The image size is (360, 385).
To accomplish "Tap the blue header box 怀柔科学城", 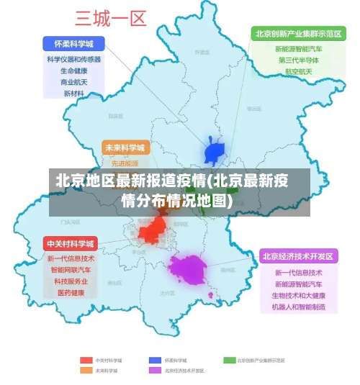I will (x=73, y=42).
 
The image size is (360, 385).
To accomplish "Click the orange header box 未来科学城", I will (x=125, y=148).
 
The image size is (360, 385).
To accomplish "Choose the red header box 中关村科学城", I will (x=71, y=243).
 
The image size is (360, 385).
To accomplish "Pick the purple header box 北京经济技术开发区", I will (x=298, y=256).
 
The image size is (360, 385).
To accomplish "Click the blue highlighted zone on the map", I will (x=215, y=152).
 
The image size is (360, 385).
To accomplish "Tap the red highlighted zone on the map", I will (x=153, y=231).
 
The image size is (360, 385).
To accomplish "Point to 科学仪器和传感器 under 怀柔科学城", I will (x=73, y=60).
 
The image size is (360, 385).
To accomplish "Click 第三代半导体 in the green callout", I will (x=298, y=60).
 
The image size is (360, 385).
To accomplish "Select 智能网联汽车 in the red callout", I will (x=71, y=270).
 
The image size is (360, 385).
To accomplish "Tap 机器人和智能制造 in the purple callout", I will (x=298, y=307).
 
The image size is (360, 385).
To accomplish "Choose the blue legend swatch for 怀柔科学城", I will (x=155, y=359).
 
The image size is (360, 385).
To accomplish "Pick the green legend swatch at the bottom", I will (x=229, y=359).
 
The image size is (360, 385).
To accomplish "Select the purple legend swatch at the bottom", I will (x=155, y=370).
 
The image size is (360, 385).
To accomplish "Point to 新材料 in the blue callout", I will (x=73, y=94).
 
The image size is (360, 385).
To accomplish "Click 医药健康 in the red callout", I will (x=71, y=293).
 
